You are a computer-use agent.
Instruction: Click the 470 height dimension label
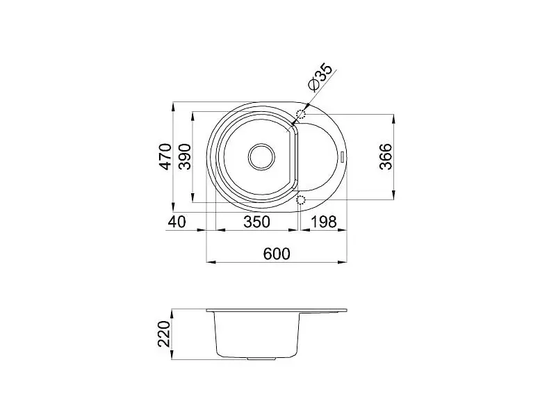(x=165, y=156)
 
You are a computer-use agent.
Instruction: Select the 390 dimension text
(x=185, y=156)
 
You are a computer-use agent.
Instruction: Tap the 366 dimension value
(x=386, y=156)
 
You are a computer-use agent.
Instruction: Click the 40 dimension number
(x=177, y=222)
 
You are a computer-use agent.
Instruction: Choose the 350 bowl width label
(x=256, y=222)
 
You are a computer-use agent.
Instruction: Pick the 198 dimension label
(x=323, y=222)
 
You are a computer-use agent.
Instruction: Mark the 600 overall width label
(x=277, y=254)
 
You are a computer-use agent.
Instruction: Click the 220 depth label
(x=164, y=334)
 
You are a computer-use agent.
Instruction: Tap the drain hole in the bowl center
(x=262, y=157)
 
